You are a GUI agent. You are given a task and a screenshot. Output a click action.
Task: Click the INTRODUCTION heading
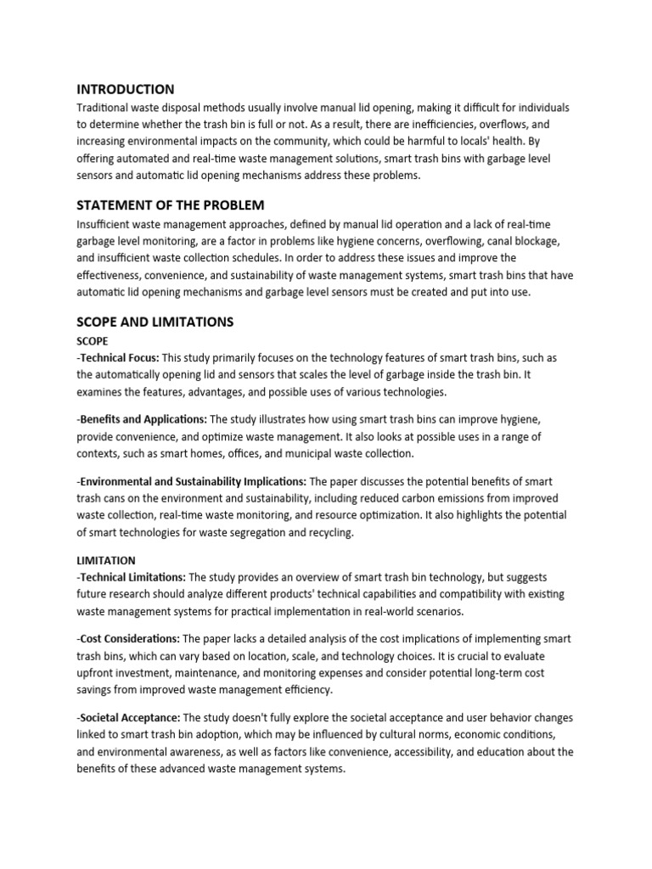pyautogui.click(x=126, y=89)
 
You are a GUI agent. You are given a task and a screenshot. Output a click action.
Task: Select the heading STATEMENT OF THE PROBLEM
pyautogui.click(x=170, y=205)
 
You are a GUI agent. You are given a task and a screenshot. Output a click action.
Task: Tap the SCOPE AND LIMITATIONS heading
pyautogui.click(x=155, y=322)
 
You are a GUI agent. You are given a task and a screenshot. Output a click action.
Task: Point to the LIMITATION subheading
pyautogui.click(x=105, y=561)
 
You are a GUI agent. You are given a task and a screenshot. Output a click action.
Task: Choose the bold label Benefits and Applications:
pyautogui.click(x=143, y=420)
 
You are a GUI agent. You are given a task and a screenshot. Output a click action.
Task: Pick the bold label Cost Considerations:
pyautogui.click(x=129, y=639)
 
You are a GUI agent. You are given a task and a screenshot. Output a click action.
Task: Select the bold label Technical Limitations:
pyautogui.click(x=132, y=577)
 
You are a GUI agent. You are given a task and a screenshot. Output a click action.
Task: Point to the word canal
pyautogui.click(x=480, y=242)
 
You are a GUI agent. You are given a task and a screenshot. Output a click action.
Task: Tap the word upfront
pyautogui.click(x=97, y=673)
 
